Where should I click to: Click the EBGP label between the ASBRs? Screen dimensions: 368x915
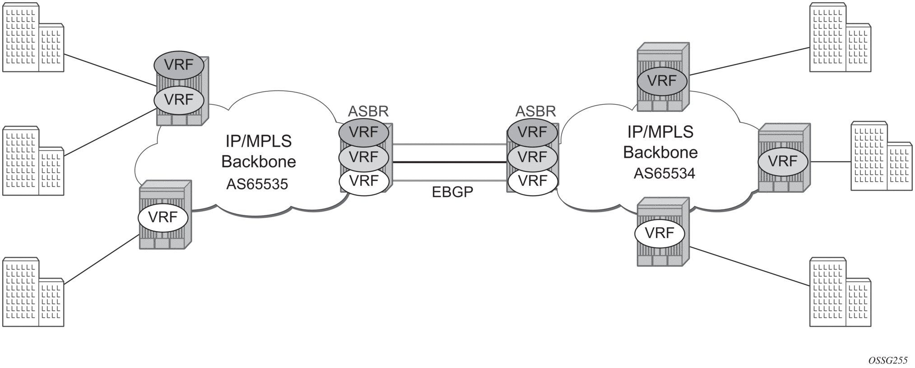tap(452, 192)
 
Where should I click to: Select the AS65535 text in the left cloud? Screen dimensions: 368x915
tap(257, 184)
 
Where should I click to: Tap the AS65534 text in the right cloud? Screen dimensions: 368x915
tap(664, 173)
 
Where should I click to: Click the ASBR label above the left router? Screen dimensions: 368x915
tap(368, 111)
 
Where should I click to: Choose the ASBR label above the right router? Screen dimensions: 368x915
tap(535, 111)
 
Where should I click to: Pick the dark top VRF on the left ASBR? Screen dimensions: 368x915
tap(364, 132)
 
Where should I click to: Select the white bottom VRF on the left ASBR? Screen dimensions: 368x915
tap(364, 181)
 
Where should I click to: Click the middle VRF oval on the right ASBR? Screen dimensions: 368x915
tap(533, 157)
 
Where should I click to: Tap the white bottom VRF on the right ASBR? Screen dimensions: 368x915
tap(533, 181)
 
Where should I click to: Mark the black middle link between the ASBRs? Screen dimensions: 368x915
tap(450, 162)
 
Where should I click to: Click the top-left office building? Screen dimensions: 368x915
tap(33, 38)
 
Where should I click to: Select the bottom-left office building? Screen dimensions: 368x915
tap(33, 292)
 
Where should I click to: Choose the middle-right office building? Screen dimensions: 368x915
tap(881, 156)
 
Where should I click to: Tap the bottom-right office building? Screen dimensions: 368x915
tap(840, 292)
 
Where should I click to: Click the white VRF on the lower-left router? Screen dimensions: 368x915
tap(163, 217)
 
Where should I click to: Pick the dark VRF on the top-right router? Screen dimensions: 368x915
tap(662, 81)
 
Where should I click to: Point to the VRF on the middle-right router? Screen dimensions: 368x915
tap(783, 161)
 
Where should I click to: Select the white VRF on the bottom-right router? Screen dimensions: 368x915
tap(660, 233)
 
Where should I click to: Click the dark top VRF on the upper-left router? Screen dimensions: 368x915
tap(179, 65)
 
